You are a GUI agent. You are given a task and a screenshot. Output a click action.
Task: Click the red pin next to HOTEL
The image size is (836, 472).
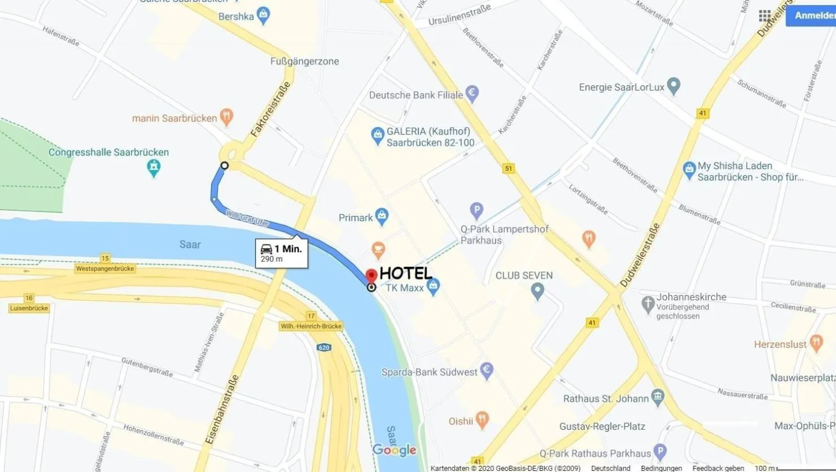371,275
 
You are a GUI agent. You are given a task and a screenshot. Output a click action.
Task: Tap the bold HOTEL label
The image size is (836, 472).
406,273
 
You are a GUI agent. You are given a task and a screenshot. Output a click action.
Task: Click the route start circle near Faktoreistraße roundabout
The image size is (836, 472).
224,166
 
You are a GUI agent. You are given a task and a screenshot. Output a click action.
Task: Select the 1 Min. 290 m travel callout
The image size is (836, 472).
281,253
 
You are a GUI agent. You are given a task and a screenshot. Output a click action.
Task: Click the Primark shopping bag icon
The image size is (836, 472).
382,216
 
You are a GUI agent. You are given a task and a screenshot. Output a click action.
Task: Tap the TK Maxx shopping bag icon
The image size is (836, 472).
433,287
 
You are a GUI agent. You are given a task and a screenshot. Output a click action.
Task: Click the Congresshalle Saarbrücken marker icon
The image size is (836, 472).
154,167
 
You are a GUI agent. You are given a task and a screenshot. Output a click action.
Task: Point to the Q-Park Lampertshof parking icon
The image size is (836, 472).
476,211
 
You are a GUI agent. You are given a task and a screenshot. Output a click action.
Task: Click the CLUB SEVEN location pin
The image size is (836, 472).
537,292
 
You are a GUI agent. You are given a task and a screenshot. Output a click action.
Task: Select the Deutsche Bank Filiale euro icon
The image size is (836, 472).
472,94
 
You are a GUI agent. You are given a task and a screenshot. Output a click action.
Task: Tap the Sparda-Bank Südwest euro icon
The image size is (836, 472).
486,371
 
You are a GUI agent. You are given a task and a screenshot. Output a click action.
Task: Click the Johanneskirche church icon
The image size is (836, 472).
648,304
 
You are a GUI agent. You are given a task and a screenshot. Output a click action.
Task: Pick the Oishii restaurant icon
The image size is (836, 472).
482,420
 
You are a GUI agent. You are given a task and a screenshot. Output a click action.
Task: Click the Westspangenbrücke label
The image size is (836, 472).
105,269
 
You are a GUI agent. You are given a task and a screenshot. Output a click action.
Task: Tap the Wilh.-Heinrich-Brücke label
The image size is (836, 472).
311,326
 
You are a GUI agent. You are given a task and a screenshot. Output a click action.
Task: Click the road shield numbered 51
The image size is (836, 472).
508,168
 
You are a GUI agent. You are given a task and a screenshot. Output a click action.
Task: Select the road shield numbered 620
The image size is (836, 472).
324,348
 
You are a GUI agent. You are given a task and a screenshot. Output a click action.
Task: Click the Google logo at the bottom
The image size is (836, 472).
394,450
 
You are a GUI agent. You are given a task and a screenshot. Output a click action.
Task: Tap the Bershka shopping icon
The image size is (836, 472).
263,16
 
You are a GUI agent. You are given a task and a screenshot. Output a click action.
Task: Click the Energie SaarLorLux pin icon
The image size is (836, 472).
673,86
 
